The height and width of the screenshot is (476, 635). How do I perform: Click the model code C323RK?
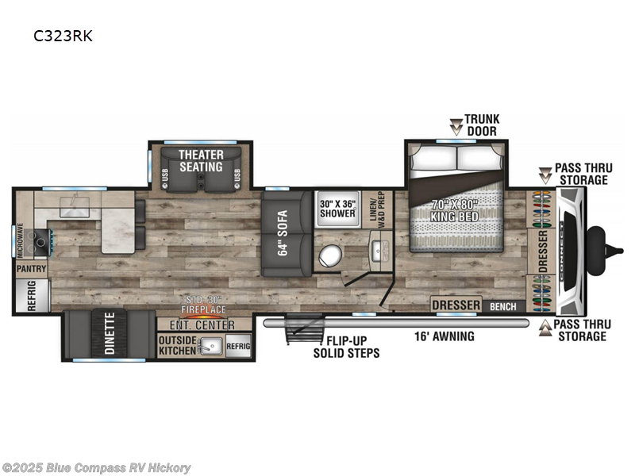pos(56,36)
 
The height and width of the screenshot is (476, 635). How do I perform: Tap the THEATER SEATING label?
pos(201,160)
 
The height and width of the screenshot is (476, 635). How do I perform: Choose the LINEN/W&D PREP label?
pos(378,209)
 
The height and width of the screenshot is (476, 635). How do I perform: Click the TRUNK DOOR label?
pos(482,125)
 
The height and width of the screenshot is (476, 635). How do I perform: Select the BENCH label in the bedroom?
pos(503,305)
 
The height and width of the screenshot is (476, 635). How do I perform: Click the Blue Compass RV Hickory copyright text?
pos(96,468)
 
